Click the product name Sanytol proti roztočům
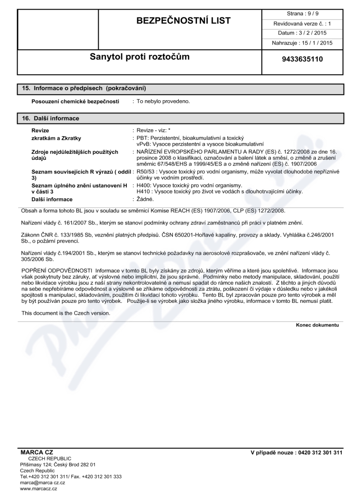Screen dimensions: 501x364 coord(139,57)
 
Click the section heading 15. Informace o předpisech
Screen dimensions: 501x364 coord(84,87)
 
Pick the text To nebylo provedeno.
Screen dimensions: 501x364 coord(163,101)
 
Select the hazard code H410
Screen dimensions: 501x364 coord(145,191)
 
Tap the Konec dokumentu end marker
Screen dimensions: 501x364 coord(318,325)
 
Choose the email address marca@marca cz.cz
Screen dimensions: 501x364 coord(42,482)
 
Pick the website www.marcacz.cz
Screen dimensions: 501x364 coord(39,489)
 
